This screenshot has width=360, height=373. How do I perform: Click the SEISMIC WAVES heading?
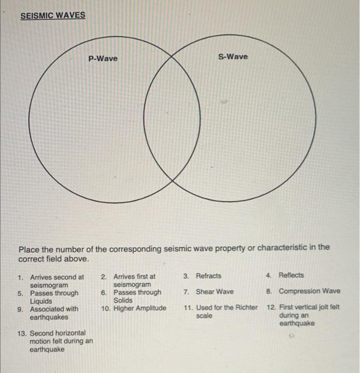53,15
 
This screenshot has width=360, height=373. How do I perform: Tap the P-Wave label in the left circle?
103,58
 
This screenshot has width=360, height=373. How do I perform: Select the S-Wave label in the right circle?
233,56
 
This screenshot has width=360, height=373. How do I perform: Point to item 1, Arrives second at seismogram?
56,281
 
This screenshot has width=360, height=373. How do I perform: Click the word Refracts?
209,276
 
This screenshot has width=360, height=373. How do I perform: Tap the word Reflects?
291,275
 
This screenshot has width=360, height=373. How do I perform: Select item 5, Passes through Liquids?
54,297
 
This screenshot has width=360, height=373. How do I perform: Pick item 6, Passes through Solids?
137,296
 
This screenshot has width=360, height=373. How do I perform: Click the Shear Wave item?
215,291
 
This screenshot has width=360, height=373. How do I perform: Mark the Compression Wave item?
309,291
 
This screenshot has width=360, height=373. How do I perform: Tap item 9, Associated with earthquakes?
54,313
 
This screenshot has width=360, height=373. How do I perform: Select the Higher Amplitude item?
140,307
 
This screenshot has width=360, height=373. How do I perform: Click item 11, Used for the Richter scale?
226,312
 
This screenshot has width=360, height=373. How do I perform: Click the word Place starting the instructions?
29,248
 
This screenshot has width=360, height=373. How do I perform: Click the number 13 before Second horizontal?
22,333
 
